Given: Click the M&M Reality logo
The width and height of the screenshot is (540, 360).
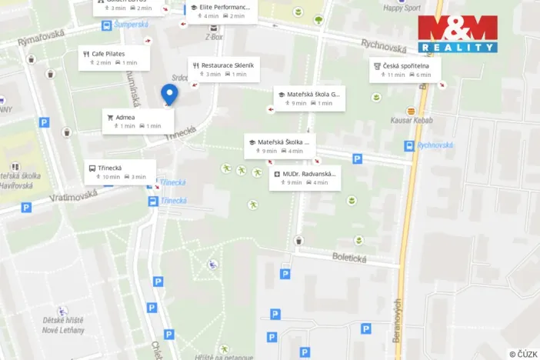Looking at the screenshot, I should (x=458, y=34).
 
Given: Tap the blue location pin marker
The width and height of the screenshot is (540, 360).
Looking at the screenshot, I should (x=169, y=95).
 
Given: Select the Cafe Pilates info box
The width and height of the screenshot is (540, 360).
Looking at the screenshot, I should (x=113, y=58).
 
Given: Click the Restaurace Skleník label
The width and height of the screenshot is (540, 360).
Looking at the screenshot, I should (x=224, y=69).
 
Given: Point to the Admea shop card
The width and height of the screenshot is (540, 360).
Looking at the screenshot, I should (x=138, y=121).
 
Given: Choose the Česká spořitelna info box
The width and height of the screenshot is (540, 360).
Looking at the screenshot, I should (x=405, y=70).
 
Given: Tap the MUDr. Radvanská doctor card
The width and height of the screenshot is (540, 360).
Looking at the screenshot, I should (x=305, y=178).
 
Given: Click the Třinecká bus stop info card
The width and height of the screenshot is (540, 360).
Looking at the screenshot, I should (x=120, y=172).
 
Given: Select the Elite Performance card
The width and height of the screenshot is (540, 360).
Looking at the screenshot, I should (x=223, y=11).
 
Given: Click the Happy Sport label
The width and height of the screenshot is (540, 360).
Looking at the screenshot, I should (x=402, y=8).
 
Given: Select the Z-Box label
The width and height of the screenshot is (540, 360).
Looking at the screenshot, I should (x=214, y=36).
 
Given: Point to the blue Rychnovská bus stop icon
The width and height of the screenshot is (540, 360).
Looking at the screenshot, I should (x=409, y=145).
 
